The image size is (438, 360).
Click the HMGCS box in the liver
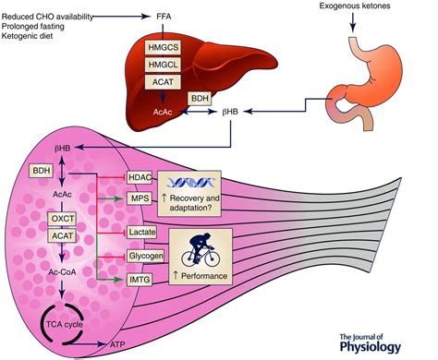pos(167,47)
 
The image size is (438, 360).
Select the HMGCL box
pos(167,65)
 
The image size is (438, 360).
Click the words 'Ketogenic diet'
pos(34,36)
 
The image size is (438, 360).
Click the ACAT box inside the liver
pos(167,83)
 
